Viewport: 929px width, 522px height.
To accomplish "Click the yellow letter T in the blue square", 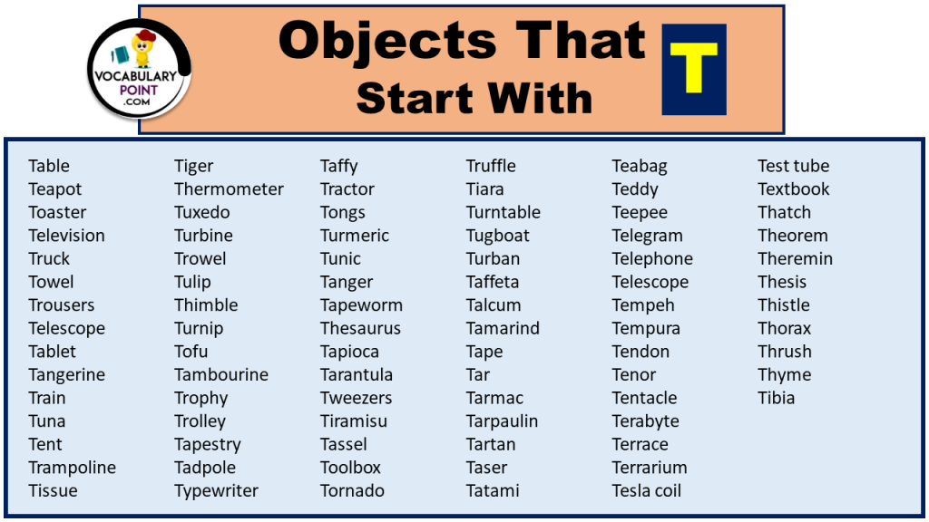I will [x=694, y=69].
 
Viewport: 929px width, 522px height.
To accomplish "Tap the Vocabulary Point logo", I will [x=139, y=72].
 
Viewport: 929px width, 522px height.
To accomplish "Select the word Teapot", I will [x=55, y=189].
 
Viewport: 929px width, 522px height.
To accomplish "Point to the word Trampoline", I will [x=72, y=468].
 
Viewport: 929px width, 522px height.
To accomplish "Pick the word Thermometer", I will [x=229, y=189].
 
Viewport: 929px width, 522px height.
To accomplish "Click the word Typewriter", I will [x=216, y=491].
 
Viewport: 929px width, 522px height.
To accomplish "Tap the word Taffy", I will [x=338, y=167].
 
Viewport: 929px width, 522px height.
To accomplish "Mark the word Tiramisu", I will [x=354, y=421].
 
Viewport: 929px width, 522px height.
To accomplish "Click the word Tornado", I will [x=352, y=491].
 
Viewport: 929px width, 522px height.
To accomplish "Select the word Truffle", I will [x=491, y=166].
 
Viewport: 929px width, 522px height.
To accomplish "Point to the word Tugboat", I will [x=498, y=236].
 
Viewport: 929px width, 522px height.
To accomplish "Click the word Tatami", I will [x=493, y=491].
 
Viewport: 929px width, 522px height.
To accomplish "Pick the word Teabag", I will [x=640, y=167].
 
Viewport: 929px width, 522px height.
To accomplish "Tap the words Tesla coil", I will [x=647, y=491].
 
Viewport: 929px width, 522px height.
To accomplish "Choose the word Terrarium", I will [x=650, y=468].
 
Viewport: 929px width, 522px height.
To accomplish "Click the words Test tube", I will [x=794, y=166].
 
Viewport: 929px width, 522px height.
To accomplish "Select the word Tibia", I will [x=777, y=398].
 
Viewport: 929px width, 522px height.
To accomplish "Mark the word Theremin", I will [x=796, y=259].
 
